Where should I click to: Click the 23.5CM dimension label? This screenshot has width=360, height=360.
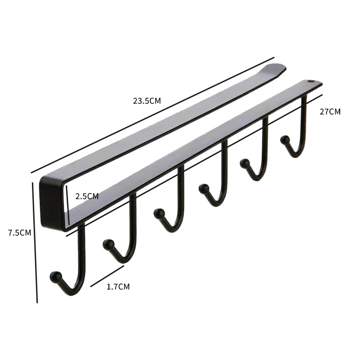[147, 101]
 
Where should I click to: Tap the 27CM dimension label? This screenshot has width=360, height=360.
[330, 112]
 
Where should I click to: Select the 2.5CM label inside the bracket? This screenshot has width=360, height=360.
[87, 196]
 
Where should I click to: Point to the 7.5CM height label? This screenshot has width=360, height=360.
[19, 233]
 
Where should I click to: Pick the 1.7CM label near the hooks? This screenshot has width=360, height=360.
[118, 287]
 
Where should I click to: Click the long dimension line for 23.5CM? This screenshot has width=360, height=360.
[153, 115]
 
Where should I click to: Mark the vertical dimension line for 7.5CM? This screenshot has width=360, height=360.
[35, 243]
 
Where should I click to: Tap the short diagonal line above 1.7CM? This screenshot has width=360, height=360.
[107, 276]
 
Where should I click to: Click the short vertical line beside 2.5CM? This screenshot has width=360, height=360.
[68, 205]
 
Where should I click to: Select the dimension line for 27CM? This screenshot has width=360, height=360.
[194, 165]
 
